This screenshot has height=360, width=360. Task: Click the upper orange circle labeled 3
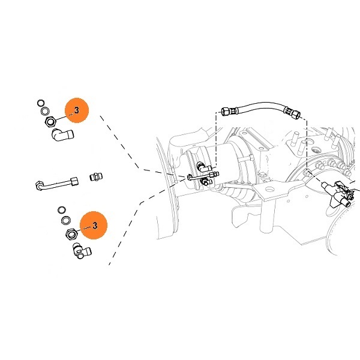pos(76,110)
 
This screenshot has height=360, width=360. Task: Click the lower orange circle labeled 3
pos(93,225)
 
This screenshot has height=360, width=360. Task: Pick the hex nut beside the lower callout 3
pos(69,232)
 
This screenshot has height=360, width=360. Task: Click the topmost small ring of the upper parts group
pos(40,102)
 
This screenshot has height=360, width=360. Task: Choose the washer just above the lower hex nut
pos(65,220)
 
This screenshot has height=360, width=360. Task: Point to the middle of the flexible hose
pos(261,106)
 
